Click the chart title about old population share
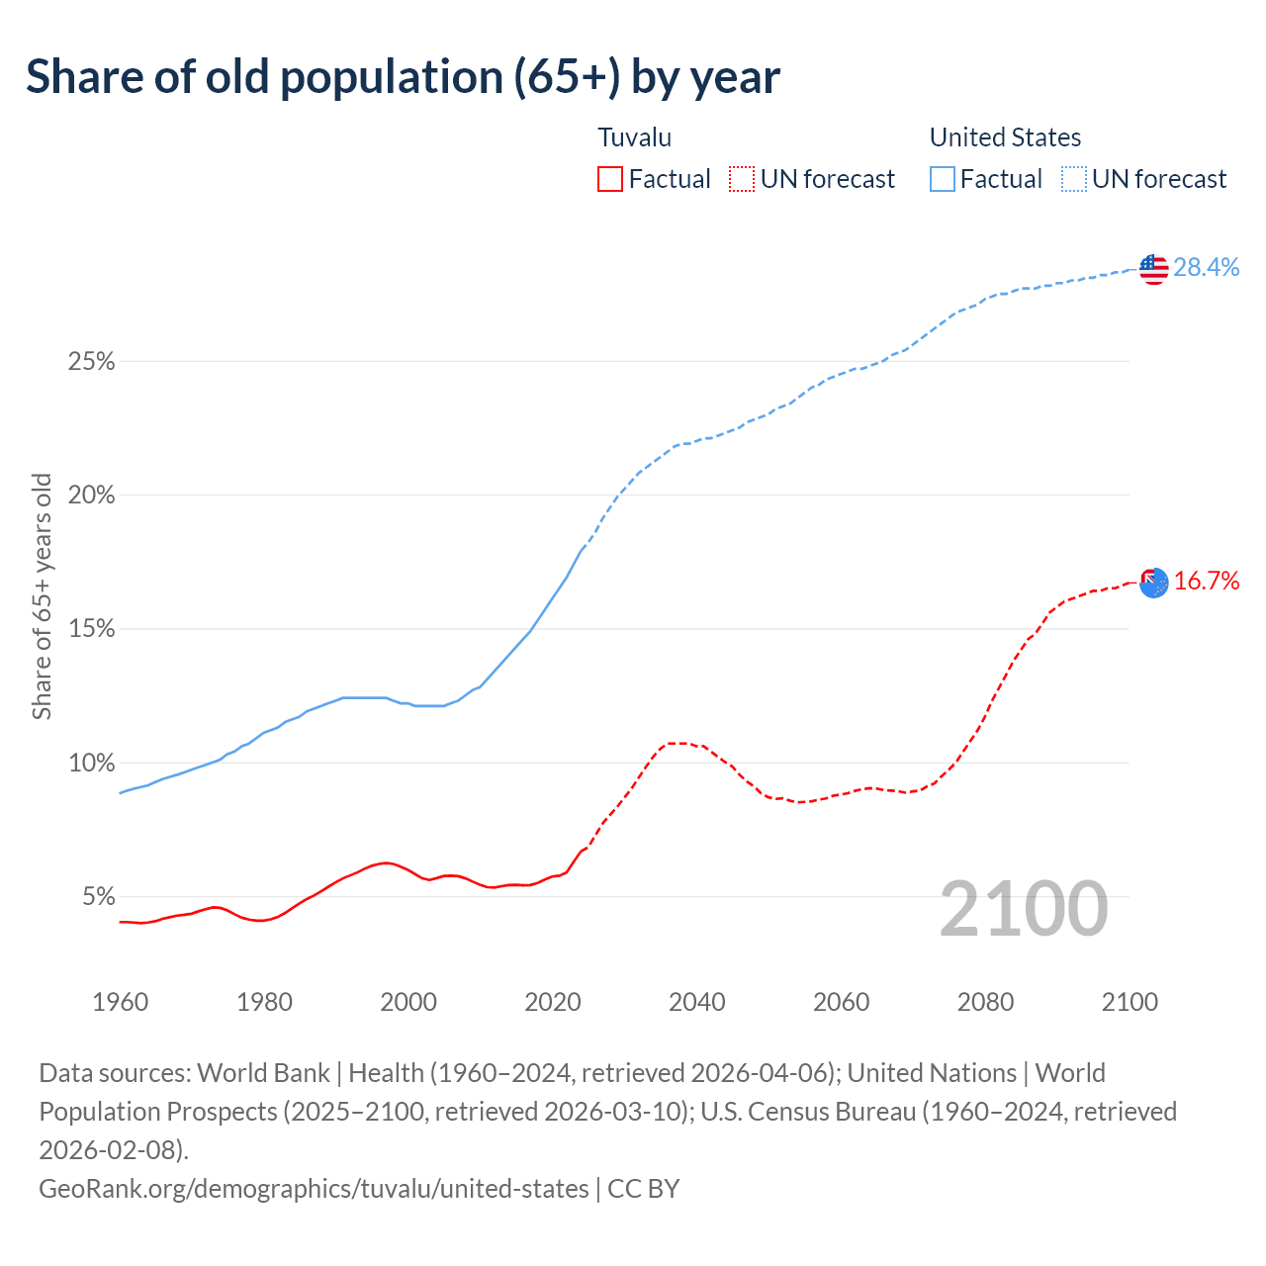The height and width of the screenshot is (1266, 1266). point(403,77)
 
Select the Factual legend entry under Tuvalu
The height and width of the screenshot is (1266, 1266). point(654,179)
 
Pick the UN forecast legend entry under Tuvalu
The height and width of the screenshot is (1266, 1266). point(812,179)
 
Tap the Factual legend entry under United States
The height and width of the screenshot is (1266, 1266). point(985,179)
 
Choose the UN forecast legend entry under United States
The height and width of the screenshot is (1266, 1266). point(1143,179)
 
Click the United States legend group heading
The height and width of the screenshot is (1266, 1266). point(1005,137)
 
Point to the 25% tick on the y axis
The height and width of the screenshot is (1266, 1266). point(92,362)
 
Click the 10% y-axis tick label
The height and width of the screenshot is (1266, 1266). point(92,764)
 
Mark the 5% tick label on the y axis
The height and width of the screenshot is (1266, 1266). point(98,897)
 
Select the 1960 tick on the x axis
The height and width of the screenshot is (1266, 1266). point(120,1002)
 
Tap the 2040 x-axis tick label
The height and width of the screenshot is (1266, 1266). point(697,1002)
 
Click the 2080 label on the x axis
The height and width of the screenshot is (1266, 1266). point(985,1002)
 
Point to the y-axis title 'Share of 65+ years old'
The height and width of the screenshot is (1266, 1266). point(42,596)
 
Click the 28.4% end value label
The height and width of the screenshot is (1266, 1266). point(1207,267)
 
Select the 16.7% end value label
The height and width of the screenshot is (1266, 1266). point(1207,581)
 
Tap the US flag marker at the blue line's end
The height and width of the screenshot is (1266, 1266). point(1153,268)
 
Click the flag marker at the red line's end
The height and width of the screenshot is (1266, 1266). point(1153,583)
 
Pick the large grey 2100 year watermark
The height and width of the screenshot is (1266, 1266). point(1023,909)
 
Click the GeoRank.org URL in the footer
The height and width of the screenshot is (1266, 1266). point(314,1188)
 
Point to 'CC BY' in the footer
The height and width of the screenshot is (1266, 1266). point(644,1188)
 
